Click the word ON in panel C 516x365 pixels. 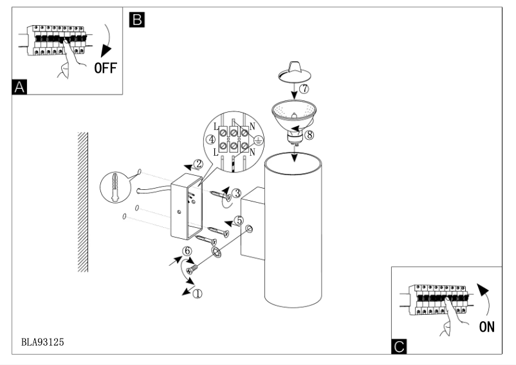pyautogui.click(x=486, y=327)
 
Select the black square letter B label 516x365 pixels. pyautogui.click(x=136, y=19)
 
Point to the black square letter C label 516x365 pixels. pyautogui.click(x=398, y=348)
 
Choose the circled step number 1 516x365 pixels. pyautogui.click(x=198, y=294)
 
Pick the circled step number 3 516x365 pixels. pyautogui.click(x=237, y=192)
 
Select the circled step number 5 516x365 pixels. pyautogui.click(x=239, y=220)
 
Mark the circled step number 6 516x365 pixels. pyautogui.click(x=188, y=251)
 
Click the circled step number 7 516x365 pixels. pyautogui.click(x=304, y=89)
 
